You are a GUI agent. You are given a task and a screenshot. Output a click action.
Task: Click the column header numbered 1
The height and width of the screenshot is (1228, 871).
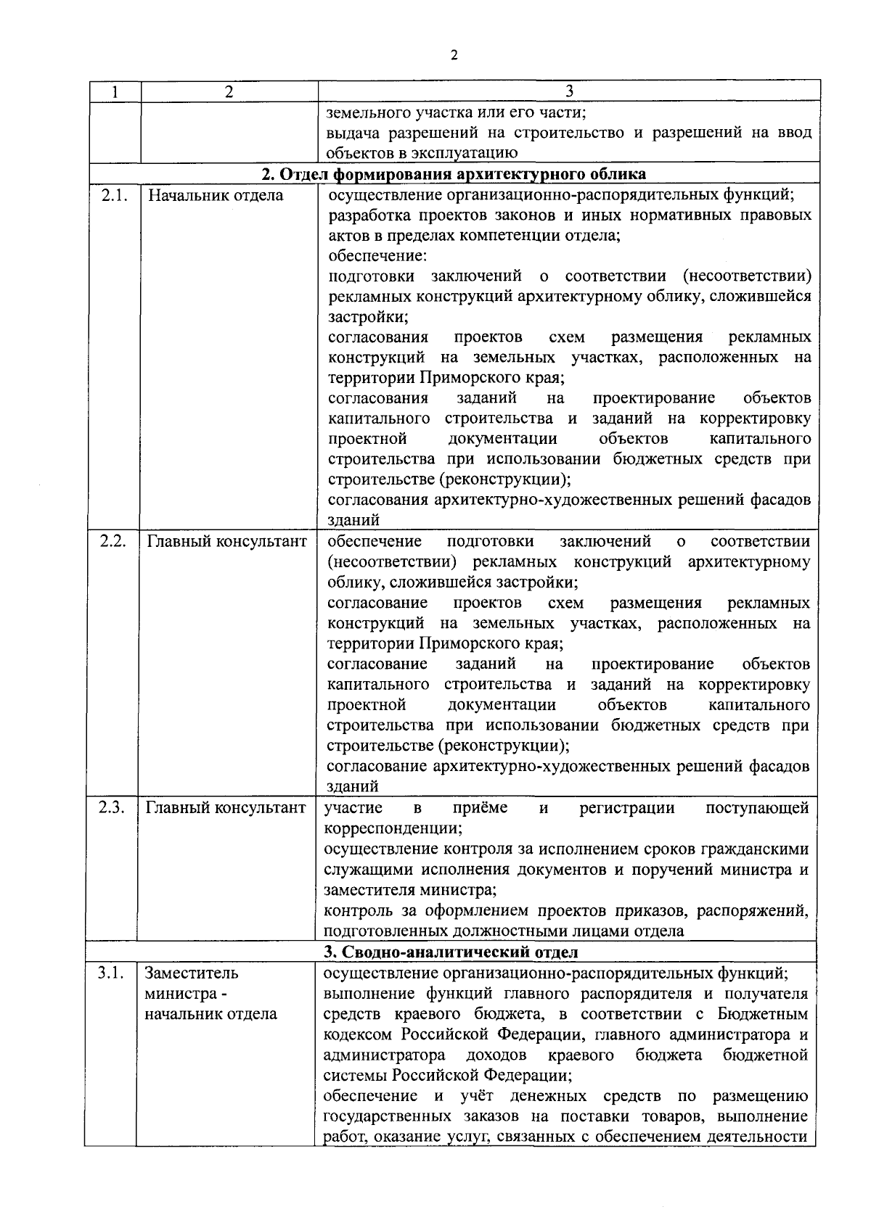pos(114,91)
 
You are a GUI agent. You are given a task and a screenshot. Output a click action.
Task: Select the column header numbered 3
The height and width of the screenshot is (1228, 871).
pos(569,91)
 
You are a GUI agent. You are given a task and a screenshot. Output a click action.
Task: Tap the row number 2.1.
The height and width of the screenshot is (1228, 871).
pos(114,195)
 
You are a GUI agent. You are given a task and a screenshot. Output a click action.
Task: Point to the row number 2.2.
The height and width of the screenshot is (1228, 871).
pos(114,542)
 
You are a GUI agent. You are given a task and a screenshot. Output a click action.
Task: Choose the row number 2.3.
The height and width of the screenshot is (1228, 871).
pos(114,808)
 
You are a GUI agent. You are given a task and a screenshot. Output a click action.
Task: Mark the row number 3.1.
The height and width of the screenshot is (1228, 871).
pos(111,973)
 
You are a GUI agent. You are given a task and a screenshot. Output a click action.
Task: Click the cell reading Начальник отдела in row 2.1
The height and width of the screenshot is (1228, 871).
pos(216,196)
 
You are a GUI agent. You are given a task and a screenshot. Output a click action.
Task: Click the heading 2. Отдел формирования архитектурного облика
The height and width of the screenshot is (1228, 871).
pos(453,175)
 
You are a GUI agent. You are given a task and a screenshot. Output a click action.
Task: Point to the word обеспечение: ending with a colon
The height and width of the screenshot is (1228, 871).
pos(377,256)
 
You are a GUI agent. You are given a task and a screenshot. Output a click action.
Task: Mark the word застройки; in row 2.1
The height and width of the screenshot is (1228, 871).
pos(368,317)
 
